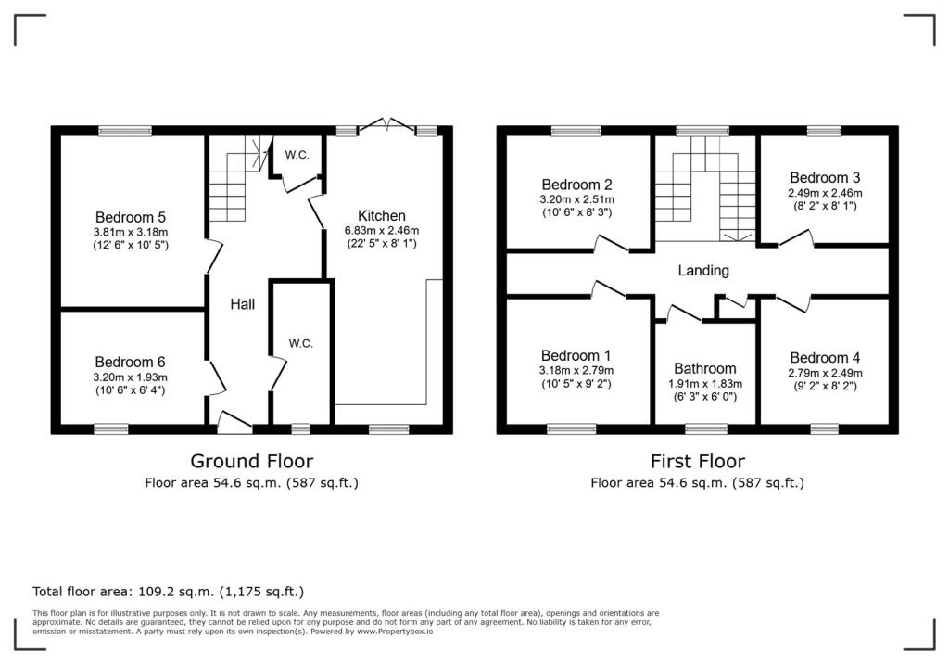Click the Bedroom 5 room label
(130, 217)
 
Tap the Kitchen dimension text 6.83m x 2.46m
(381, 230)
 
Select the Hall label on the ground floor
(242, 304)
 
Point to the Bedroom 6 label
(130, 362)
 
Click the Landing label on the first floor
(703, 271)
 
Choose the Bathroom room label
(705, 368)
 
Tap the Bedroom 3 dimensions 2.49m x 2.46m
(825, 193)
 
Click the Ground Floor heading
(252, 461)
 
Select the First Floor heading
(697, 461)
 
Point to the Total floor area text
(169, 592)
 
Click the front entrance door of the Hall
(234, 422)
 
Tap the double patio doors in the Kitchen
(386, 125)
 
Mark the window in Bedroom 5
(125, 130)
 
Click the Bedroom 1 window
(571, 429)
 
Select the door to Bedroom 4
(793, 302)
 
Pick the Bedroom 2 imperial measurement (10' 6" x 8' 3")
(576, 212)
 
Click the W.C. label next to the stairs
(297, 155)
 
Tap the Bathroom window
(706, 429)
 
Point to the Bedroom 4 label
(825, 357)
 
